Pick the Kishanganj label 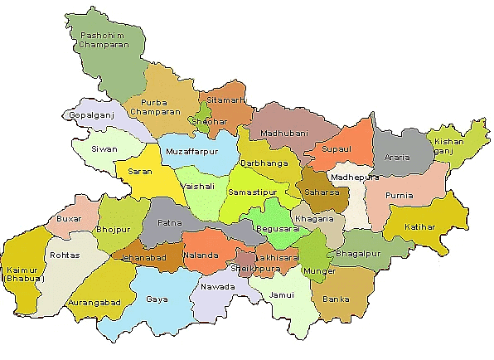(449, 146)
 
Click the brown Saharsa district (317, 192)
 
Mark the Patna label (169, 224)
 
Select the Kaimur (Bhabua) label (22, 274)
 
